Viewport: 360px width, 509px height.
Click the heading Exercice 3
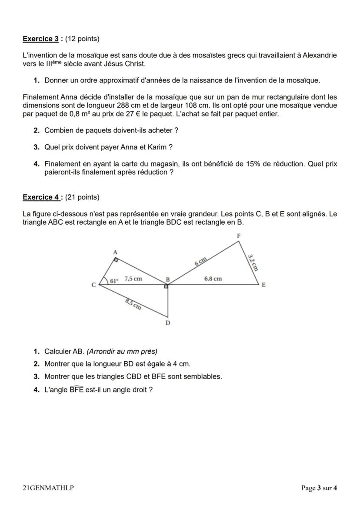point(40,39)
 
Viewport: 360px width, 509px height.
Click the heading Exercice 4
point(41,197)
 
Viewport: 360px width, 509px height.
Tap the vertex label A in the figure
point(115,252)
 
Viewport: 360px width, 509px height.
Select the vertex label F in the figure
point(238,235)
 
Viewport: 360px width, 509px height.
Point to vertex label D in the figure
point(168,323)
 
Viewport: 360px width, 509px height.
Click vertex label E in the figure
point(263,285)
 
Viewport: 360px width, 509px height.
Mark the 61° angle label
point(113,280)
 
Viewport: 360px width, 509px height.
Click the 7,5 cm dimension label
point(133,279)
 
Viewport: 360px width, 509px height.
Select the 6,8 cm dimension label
point(213,279)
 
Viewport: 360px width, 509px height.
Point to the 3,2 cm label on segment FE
point(253,262)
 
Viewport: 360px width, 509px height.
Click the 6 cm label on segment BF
point(200,261)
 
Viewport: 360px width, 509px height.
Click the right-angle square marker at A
point(116,259)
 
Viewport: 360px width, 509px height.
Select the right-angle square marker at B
point(166,286)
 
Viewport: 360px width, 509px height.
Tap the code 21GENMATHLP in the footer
point(48,488)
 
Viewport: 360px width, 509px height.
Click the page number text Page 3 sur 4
point(319,488)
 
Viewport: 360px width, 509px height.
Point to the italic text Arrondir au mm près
point(122,351)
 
